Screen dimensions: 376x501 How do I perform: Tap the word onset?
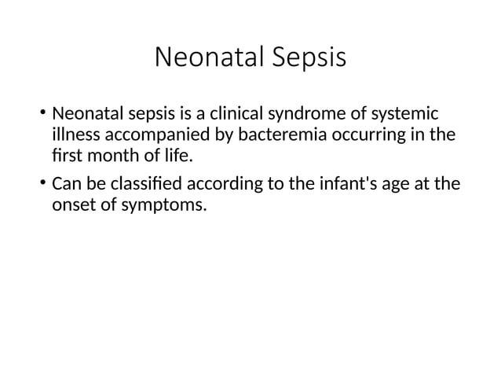coord(73,207)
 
